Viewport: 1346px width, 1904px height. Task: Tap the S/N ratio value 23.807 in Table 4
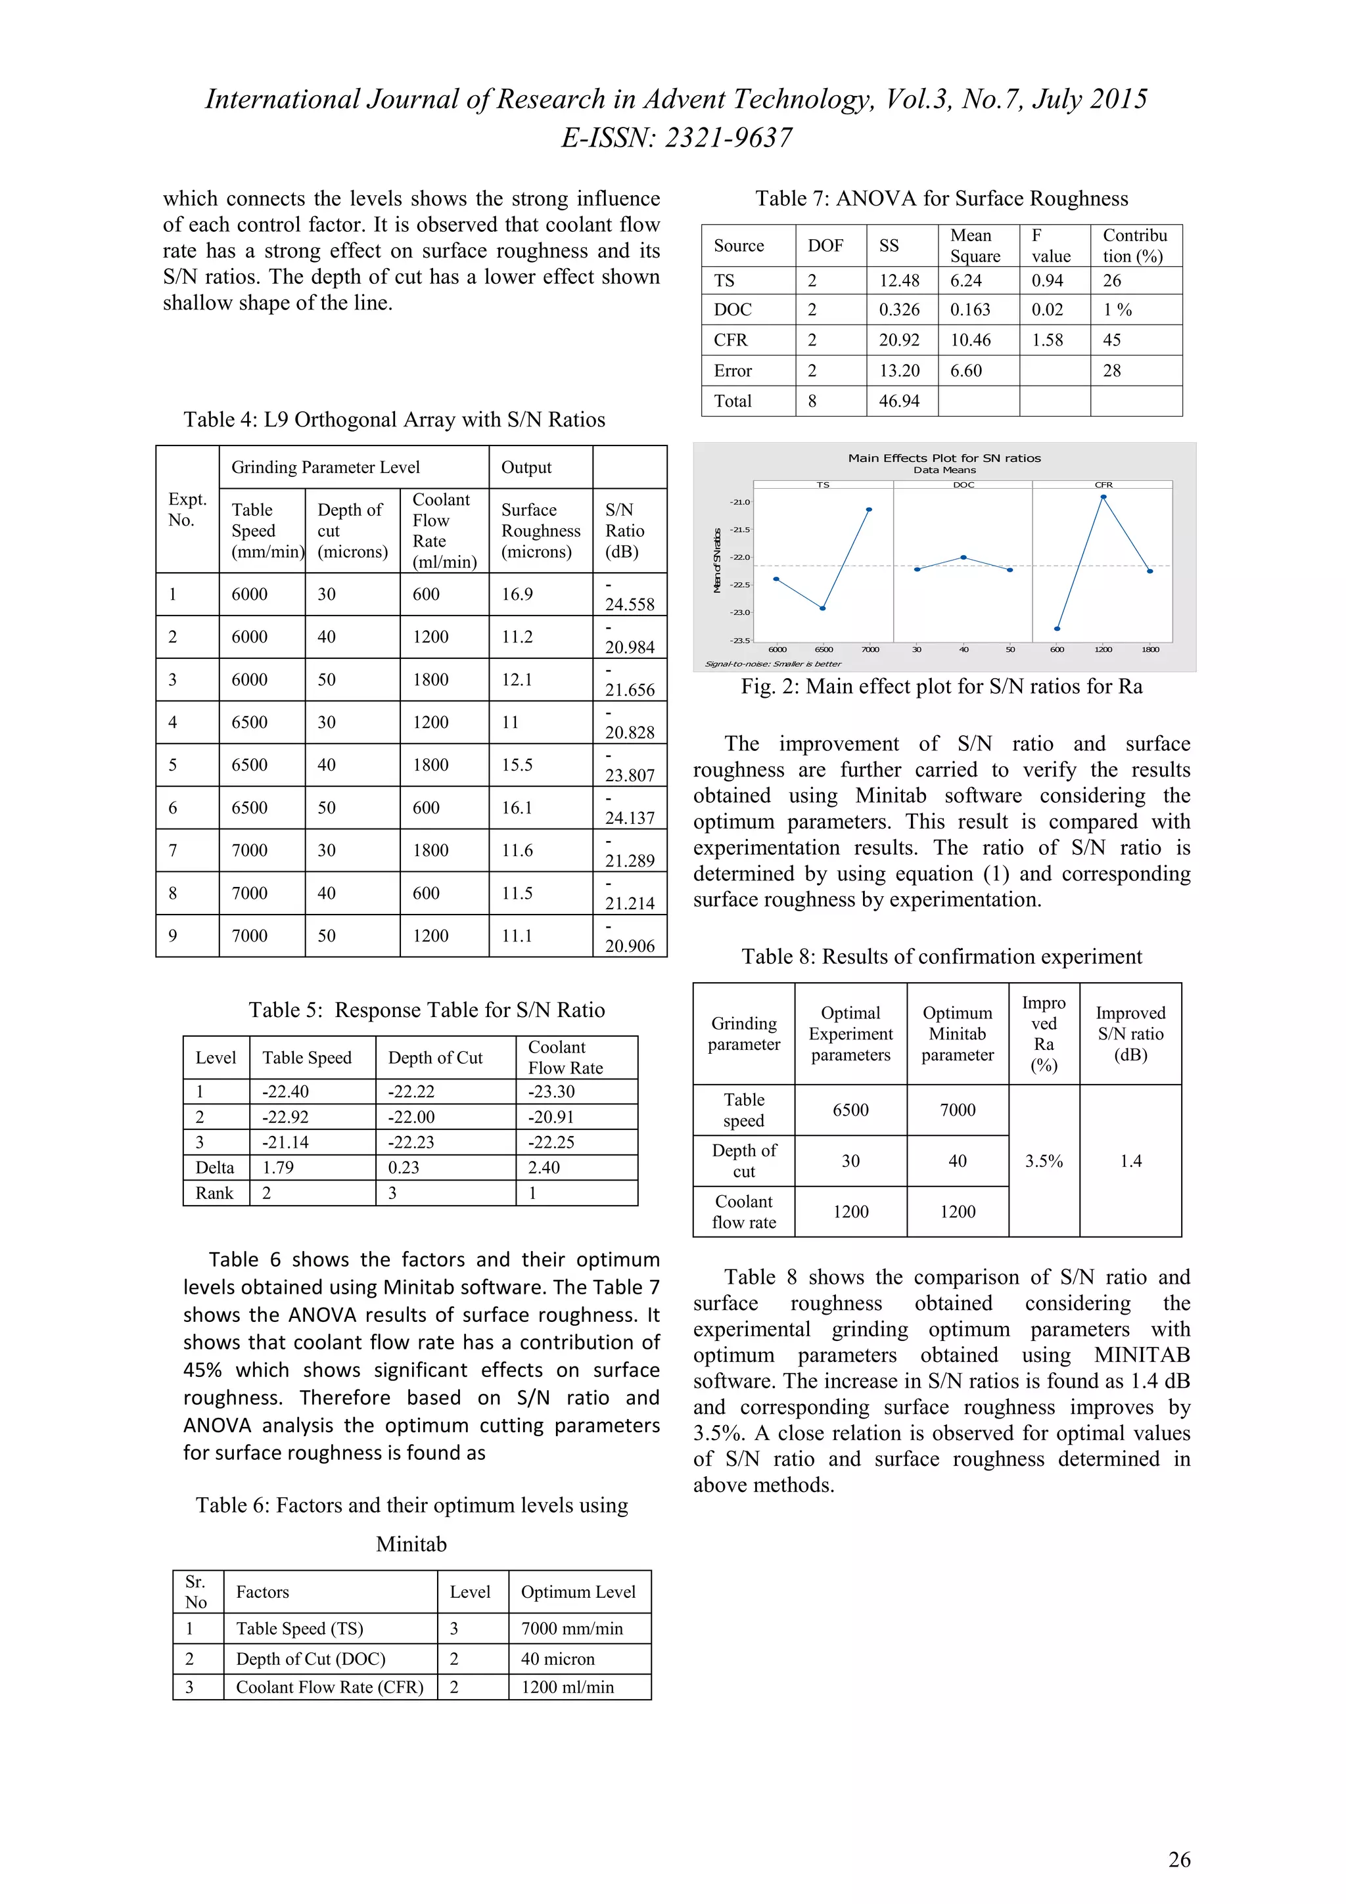[x=630, y=775]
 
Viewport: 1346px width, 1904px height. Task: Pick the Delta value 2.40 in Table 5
[x=544, y=1167]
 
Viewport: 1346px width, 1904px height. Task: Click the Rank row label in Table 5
[x=214, y=1192]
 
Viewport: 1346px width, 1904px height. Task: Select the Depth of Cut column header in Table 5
[x=434, y=1057]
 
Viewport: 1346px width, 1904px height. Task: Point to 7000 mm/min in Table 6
[x=571, y=1628]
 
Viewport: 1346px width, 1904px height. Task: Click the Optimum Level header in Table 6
[x=578, y=1591]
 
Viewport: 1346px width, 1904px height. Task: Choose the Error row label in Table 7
[x=732, y=371]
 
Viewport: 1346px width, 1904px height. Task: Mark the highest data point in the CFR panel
[x=1103, y=497]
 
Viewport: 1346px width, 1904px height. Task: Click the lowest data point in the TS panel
[x=823, y=608]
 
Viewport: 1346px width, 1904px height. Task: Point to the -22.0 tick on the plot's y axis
[x=740, y=557]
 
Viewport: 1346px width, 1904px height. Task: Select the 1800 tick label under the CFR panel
[x=1149, y=649]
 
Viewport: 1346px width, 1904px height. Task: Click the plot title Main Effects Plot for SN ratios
[x=944, y=458]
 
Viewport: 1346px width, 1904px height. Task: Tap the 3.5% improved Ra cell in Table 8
[x=1043, y=1161]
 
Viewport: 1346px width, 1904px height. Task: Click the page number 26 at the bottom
[x=1178, y=1860]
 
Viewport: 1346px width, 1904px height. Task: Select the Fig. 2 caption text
[x=941, y=687]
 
